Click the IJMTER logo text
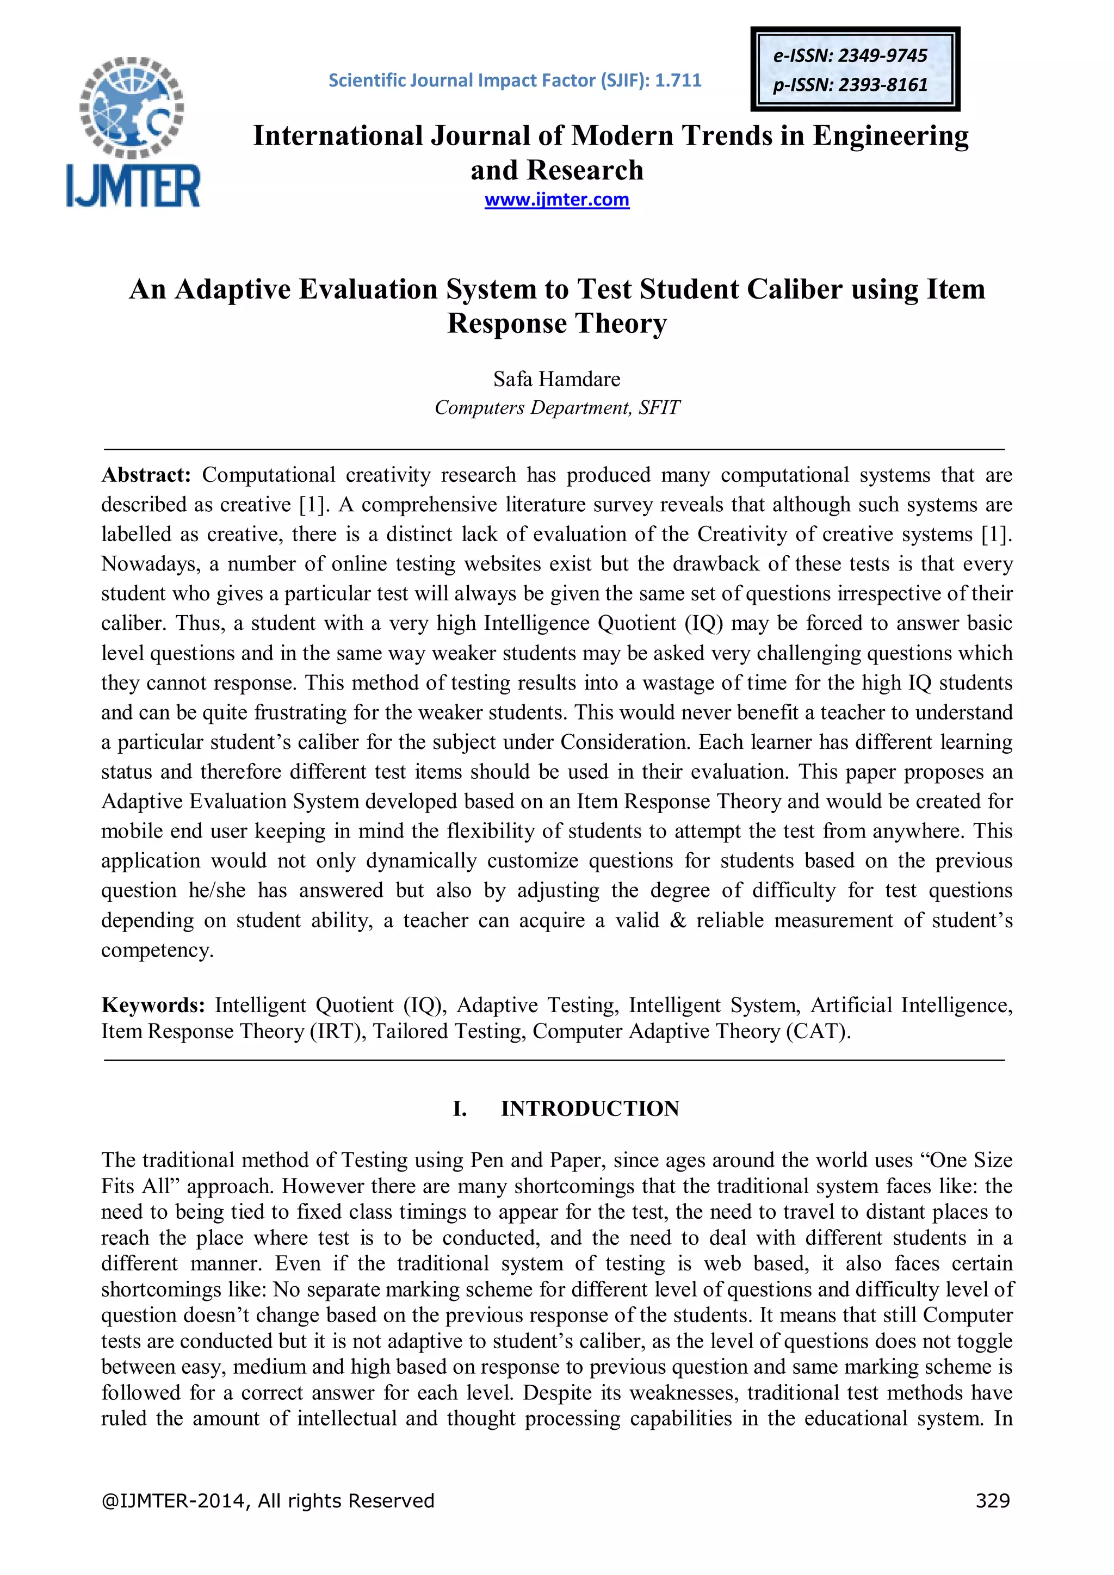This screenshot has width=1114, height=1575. pyautogui.click(x=133, y=185)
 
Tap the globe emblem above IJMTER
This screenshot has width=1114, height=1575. pyautogui.click(x=132, y=107)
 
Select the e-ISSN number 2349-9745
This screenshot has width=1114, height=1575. pyautogui.click(x=882, y=56)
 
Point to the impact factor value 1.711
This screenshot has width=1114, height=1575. pyautogui.click(x=678, y=80)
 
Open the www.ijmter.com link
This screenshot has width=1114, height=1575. pyautogui.click(x=556, y=200)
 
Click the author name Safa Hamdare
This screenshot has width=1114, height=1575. pyautogui.click(x=556, y=379)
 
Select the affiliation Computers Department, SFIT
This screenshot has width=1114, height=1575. pyautogui.click(x=556, y=407)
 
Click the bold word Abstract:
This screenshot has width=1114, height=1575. pyautogui.click(x=145, y=475)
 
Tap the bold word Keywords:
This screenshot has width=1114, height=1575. pyautogui.click(x=153, y=1005)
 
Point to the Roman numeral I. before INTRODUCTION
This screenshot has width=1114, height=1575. pyautogui.click(x=460, y=1108)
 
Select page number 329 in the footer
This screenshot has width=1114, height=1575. pyautogui.click(x=993, y=1501)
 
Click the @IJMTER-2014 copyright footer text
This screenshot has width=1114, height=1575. pyautogui.click(x=267, y=1501)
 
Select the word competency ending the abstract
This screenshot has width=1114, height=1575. pyautogui.click(x=157, y=950)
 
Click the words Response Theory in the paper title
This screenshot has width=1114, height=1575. pyautogui.click(x=556, y=324)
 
